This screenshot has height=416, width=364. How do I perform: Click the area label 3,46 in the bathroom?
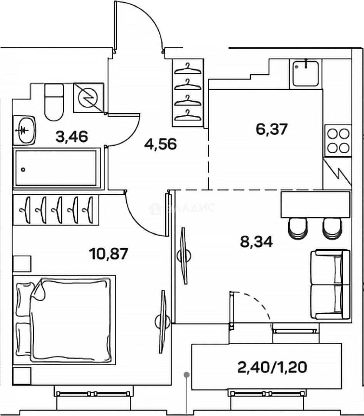[72, 136]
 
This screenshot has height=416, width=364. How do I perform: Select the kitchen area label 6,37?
[272, 129]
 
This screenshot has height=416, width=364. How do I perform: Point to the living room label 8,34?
[257, 242]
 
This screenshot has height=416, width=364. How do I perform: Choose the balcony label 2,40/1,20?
[272, 367]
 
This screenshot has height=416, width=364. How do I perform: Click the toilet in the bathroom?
[54, 102]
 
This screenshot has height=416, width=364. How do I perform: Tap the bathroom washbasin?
[25, 130]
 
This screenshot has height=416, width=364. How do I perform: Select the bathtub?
[56, 169]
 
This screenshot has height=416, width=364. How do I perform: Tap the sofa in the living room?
[330, 284]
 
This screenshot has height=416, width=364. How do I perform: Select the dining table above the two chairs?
[315, 205]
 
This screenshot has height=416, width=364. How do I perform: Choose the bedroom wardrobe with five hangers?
[56, 210]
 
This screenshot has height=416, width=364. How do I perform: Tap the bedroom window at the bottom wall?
[94, 394]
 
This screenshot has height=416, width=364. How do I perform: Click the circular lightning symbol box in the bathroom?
[89, 98]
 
